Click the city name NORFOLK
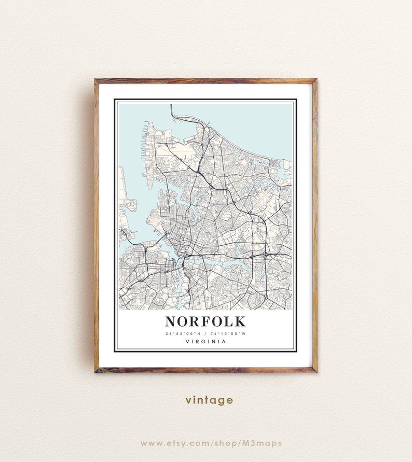click(205, 321)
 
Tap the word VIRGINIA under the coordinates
click(205, 341)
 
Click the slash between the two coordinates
click(206, 333)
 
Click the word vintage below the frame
click(209, 400)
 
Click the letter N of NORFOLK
click(172, 321)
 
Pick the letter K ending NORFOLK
click(240, 321)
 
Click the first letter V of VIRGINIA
click(186, 341)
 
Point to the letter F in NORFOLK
click(206, 321)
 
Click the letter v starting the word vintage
click(188, 401)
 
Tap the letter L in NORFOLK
click(229, 321)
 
